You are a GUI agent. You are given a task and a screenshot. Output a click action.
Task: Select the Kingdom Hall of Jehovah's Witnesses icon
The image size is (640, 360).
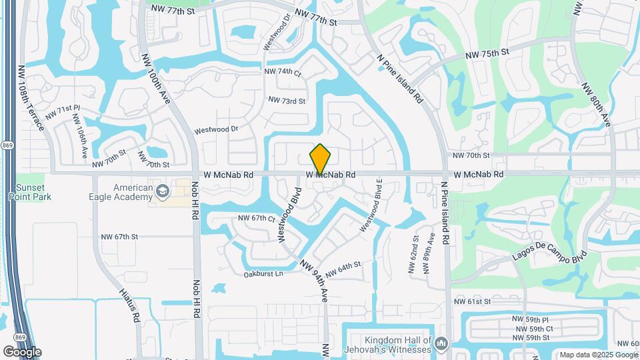439,344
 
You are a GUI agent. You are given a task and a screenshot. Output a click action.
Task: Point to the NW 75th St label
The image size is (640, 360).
487,53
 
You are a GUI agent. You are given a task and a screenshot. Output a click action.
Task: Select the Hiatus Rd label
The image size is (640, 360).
129,305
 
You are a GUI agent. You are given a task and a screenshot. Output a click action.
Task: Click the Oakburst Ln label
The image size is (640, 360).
263,273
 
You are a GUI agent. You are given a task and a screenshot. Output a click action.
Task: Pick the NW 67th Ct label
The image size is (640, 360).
257,219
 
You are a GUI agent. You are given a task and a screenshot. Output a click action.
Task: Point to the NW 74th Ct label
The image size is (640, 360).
283,72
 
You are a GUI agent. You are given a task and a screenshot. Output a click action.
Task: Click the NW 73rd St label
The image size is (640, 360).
287,101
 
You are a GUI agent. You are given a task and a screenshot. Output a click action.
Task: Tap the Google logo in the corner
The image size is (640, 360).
22,351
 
